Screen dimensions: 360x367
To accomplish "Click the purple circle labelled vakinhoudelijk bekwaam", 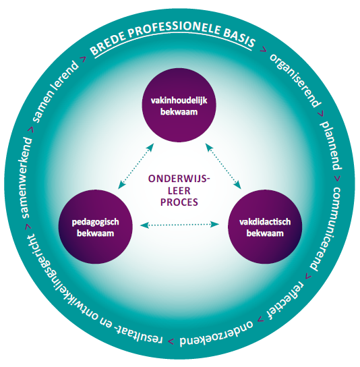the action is pyautogui.click(x=179, y=105).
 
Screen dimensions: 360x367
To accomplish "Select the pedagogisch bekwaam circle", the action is pyautogui.click(x=96, y=227).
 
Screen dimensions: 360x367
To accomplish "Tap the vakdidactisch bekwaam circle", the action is pyautogui.click(x=265, y=227).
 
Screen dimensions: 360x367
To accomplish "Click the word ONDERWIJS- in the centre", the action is pyautogui.click(x=179, y=179).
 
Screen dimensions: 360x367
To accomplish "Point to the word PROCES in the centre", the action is pyautogui.click(x=179, y=202).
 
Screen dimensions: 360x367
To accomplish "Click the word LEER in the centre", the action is pyautogui.click(x=179, y=191).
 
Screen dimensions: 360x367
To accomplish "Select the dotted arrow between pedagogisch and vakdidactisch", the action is pyautogui.click(x=179, y=225).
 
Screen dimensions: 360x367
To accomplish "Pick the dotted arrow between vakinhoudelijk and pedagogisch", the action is pyautogui.click(x=136, y=166).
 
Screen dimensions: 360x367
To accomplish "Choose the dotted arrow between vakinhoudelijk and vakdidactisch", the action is pyautogui.click(x=223, y=166).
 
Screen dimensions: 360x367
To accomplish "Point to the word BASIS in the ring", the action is pyautogui.click(x=239, y=39).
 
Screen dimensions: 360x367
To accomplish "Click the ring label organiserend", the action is pyautogui.click(x=295, y=81).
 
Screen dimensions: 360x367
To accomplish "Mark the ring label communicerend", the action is pyautogui.click(x=327, y=229).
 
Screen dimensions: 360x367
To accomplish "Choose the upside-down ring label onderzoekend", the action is pyautogui.click(x=216, y=335).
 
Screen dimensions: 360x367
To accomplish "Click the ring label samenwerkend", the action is pyautogui.click(x=26, y=178).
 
